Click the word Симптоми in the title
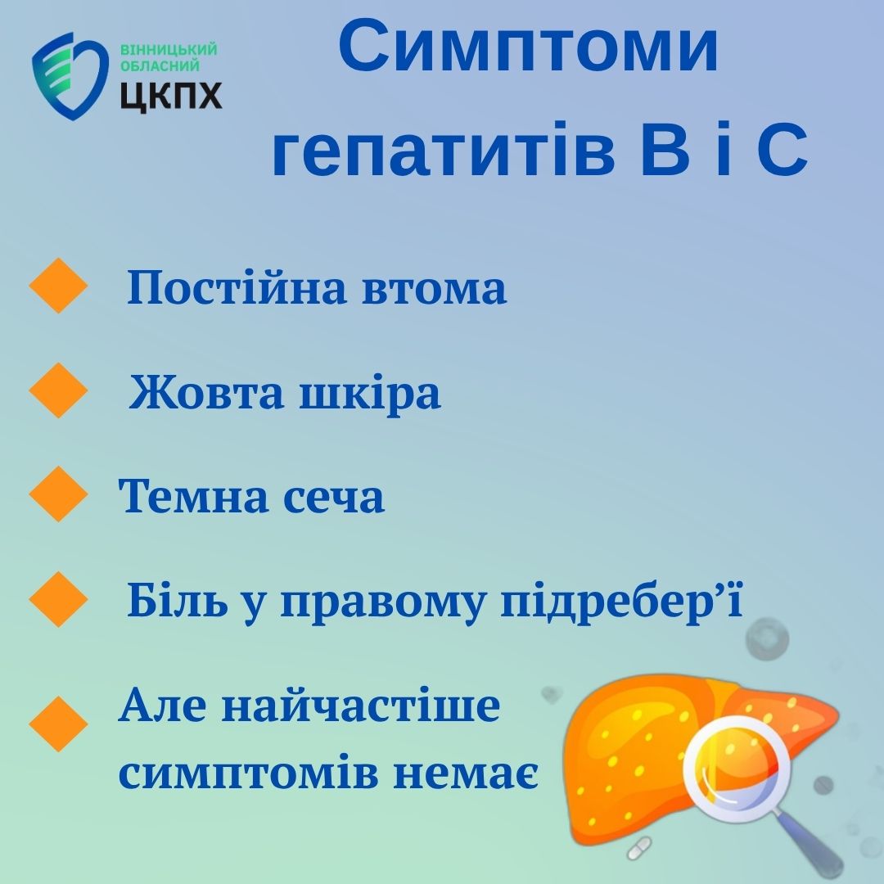click(528, 46)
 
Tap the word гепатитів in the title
click(444, 150)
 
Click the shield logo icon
click(70, 76)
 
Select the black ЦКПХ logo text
click(171, 95)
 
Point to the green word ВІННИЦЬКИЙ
click(169, 50)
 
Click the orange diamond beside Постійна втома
click(58, 286)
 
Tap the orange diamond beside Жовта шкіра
click(58, 390)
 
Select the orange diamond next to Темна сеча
click(58, 494)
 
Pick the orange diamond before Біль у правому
click(58, 598)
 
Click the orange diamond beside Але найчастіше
click(58, 724)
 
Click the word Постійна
click(237, 287)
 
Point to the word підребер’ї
click(622, 602)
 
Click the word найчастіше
click(361, 705)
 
